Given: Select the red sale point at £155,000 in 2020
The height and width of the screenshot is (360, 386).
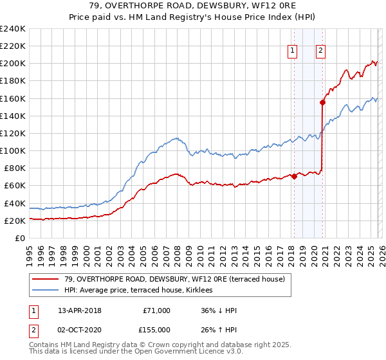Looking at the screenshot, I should (x=322, y=102).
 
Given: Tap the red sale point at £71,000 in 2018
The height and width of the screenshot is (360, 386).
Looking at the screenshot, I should (x=294, y=176).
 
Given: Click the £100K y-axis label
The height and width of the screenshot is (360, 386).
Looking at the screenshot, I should (x=13, y=150).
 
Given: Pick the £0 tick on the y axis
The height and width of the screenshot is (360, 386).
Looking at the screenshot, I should (x=20, y=238).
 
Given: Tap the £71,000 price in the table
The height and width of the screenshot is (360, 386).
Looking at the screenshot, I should (x=156, y=310).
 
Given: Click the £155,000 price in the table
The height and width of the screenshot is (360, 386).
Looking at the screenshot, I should (x=154, y=328).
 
